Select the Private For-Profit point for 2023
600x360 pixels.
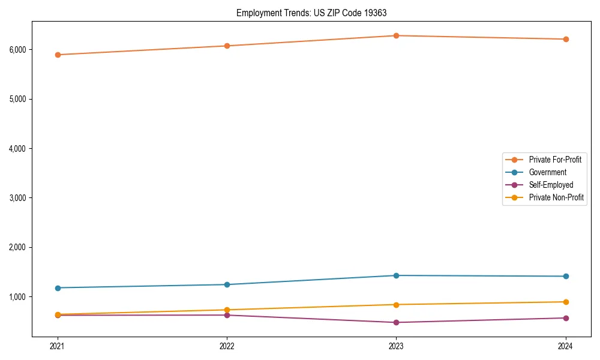coord(396,35)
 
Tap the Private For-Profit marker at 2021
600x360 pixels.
coord(58,55)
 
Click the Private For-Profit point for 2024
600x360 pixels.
coord(566,39)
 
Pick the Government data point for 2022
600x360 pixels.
coord(227,284)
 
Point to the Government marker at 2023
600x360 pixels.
coord(396,275)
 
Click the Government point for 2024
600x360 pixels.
coord(566,276)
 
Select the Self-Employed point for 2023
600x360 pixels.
coord(396,322)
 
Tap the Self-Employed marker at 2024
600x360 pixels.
coord(566,318)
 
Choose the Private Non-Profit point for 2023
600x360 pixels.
coord(396,304)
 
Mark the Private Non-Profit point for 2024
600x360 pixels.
coord(566,302)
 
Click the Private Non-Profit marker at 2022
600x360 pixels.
coord(227,310)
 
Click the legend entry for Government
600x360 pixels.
coord(547,172)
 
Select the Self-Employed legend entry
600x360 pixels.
coord(551,185)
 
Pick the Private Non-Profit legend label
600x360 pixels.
coord(556,197)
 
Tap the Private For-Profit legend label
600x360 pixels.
coord(555,160)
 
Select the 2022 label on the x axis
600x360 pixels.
coord(227,346)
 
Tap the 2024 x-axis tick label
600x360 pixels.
coord(566,346)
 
